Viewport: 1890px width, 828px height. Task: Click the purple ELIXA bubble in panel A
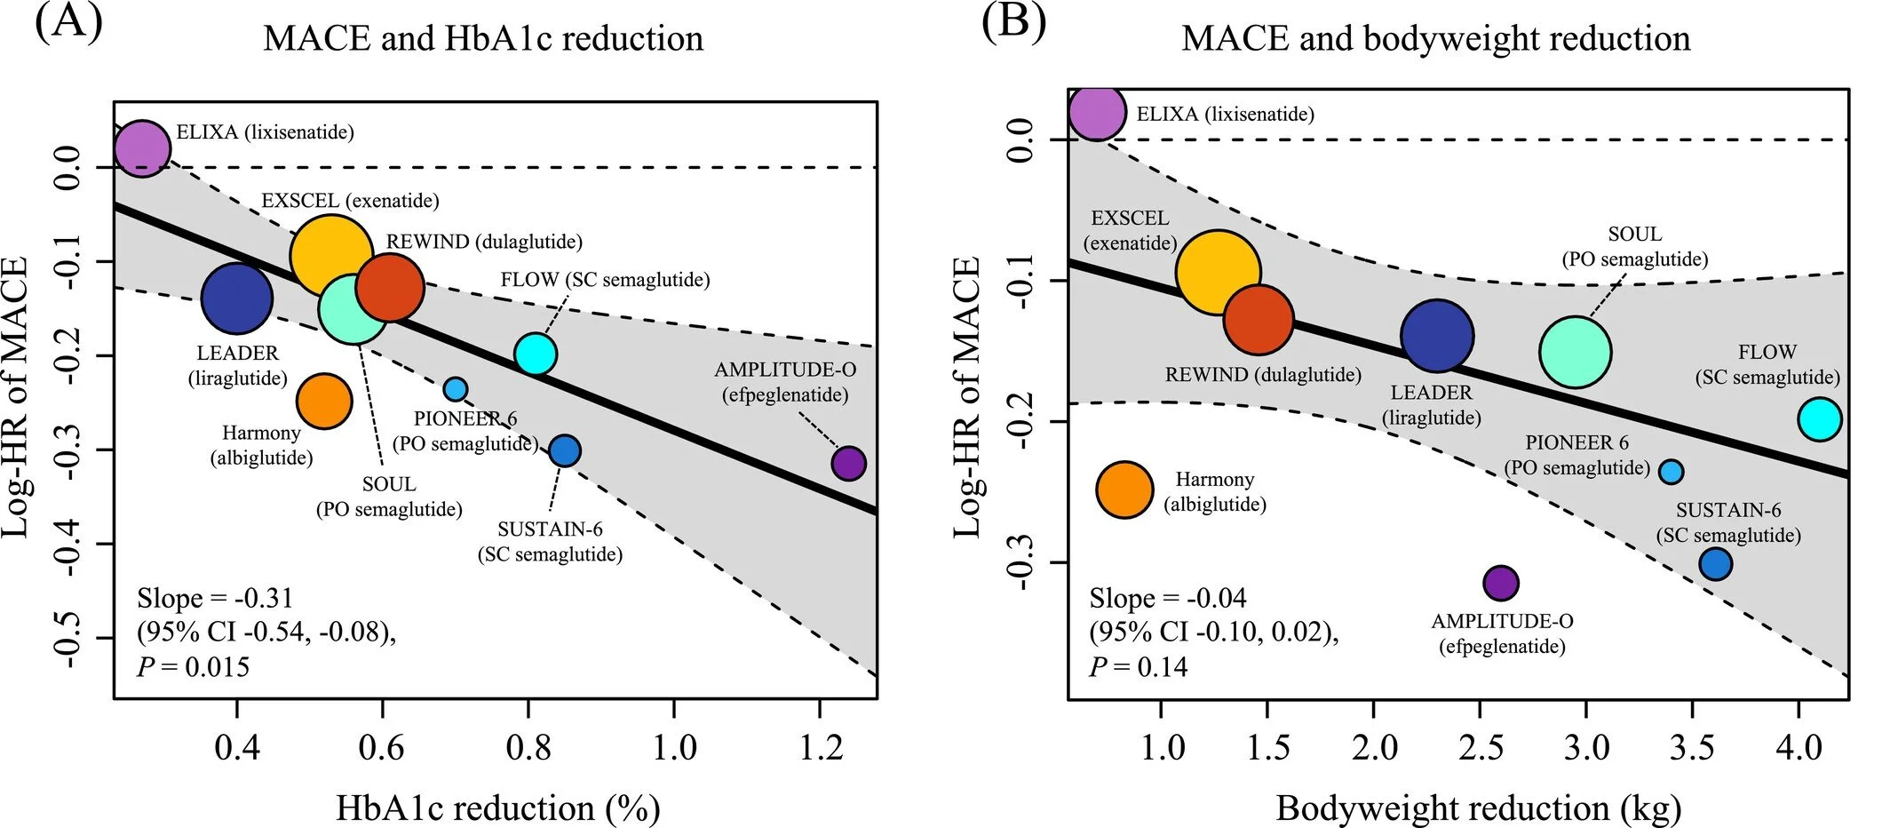pos(142,148)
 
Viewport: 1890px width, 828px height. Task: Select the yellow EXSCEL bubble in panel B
pos(1218,273)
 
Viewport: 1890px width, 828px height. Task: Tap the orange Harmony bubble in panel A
pos(324,401)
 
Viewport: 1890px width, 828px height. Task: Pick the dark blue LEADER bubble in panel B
pos(1437,336)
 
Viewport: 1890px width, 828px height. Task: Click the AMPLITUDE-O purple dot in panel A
pos(848,463)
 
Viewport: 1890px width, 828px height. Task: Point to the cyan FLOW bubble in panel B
pos(1820,419)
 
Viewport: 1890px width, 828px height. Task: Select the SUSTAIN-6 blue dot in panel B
pos(1715,563)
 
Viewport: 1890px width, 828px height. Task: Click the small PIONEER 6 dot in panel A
pos(455,389)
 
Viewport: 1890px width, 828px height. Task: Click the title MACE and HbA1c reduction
pos(483,39)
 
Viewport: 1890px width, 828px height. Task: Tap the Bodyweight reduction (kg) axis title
pos(1478,808)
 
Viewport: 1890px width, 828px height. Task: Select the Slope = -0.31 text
pos(215,598)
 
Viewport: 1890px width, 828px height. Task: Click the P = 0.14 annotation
pos(1138,667)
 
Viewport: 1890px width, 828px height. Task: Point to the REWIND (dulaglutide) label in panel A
pos(484,242)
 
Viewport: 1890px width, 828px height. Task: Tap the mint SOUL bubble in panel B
pos(1575,352)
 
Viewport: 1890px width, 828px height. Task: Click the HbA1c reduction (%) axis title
pos(497,808)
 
